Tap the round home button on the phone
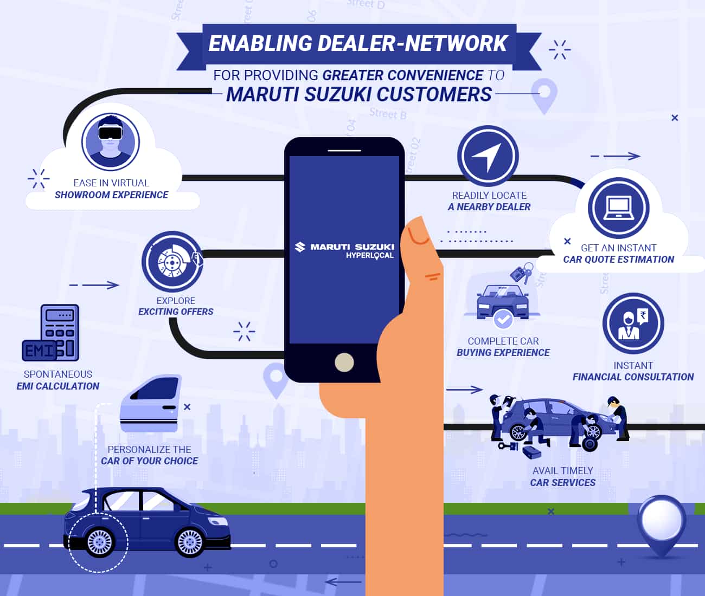[344, 362]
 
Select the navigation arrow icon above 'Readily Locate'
[488, 156]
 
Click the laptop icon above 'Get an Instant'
[619, 208]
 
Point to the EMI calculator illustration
[50, 333]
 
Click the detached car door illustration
[150, 403]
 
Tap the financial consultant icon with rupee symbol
[633, 323]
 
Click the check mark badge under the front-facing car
[503, 319]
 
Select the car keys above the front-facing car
[522, 273]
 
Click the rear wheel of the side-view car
[100, 542]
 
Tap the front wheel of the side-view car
[190, 542]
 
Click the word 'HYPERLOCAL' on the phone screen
[370, 256]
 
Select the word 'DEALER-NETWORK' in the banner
[412, 43]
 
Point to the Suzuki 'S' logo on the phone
[300, 247]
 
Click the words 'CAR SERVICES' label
[563, 483]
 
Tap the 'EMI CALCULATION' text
[58, 386]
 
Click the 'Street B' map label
[388, 113]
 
